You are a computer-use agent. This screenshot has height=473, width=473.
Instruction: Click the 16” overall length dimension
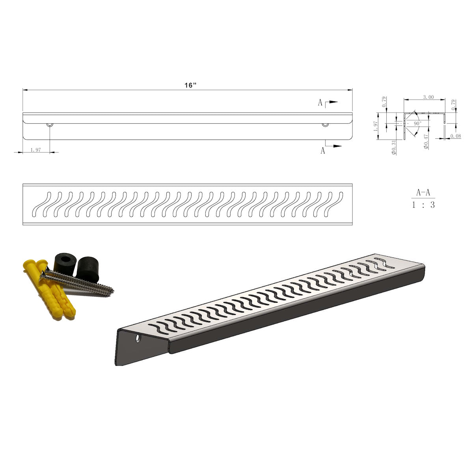tap(191, 85)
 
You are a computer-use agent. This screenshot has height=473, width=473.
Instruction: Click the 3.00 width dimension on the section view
tap(428, 97)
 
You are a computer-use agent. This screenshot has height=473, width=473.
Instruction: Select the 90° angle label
tap(417, 123)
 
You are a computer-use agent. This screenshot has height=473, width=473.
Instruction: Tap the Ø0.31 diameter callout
tap(394, 147)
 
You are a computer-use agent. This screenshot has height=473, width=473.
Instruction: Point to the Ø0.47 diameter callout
tap(426, 142)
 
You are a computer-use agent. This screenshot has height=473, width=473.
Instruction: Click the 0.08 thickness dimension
tap(456, 136)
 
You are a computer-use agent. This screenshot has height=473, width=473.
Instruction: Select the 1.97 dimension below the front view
tap(35, 150)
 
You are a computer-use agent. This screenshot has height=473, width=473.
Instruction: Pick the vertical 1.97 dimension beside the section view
tap(376, 126)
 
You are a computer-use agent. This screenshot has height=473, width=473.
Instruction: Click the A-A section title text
tap(423, 193)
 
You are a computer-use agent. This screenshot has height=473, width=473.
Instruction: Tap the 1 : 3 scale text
tap(423, 205)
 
